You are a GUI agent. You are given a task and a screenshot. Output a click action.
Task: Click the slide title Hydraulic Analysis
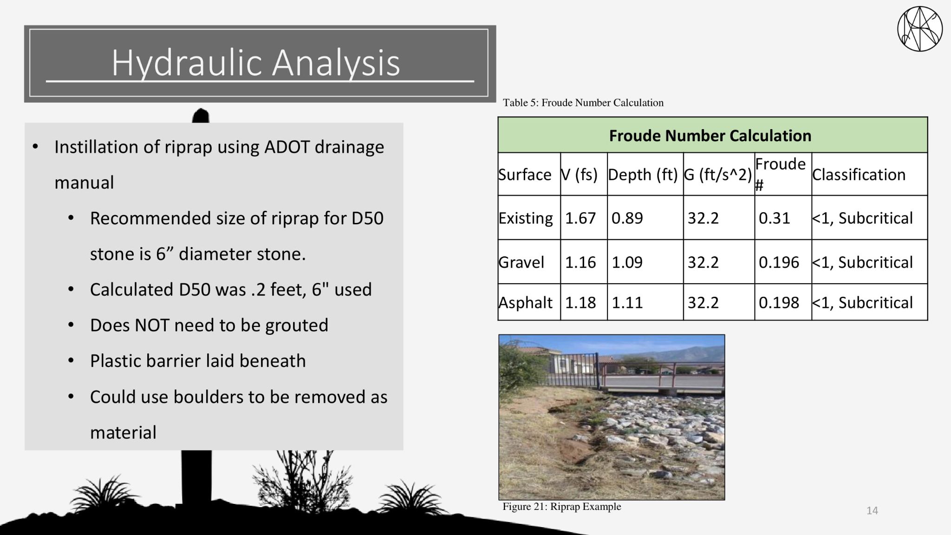pos(255,63)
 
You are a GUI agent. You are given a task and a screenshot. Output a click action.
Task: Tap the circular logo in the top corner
pos(919,29)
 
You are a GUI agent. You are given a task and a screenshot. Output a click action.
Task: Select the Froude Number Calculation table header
pos(710,136)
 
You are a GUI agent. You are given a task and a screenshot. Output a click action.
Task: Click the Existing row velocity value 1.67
pos(580,218)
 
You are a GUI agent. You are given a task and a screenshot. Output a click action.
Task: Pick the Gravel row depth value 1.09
pos(627,262)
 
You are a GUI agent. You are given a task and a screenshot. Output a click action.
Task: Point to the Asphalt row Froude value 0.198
pos(779,303)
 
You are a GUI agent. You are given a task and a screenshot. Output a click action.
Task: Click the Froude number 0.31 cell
pos(774,218)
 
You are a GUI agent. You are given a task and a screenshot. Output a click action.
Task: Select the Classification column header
pos(859,175)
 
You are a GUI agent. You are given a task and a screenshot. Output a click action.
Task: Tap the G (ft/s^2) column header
pos(718,175)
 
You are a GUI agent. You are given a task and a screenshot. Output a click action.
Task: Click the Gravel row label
pos(521,262)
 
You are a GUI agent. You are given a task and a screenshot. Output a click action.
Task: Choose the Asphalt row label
pos(525,303)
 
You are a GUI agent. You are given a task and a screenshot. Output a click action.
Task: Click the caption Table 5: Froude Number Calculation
pos(583,103)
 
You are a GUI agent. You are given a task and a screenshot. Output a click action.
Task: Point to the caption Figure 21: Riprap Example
pos(561,507)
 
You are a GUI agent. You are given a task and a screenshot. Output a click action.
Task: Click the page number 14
pos(872,511)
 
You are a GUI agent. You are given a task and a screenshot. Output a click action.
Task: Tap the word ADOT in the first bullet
pos(287,147)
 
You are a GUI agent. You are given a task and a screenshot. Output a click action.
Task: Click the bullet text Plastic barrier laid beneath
pos(198,361)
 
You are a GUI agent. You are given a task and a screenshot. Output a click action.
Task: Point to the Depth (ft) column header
pos(643,175)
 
